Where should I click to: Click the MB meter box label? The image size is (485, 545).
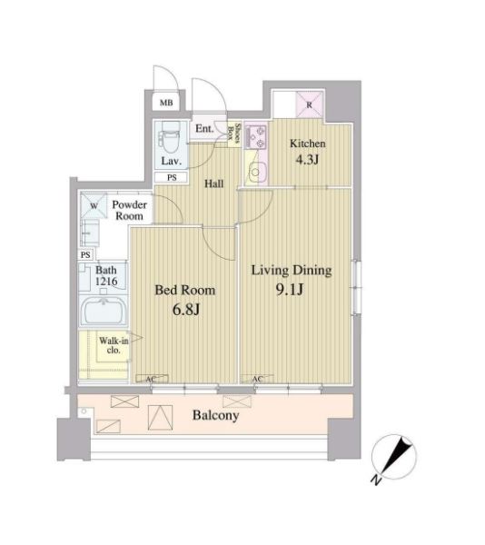pos(166,103)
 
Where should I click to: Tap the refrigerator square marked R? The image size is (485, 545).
pos(309,104)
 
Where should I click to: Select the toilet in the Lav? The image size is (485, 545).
pos(171,138)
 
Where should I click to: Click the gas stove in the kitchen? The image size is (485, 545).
pos(256,136)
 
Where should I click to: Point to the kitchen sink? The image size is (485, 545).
pos(256,172)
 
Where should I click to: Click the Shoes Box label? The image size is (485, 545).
pos(233,134)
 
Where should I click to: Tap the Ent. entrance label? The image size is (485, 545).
pos(204,129)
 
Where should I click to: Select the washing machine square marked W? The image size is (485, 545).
pos(94,206)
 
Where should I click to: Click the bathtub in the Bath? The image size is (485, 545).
pos(104,312)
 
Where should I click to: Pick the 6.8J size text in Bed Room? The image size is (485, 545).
pos(186,310)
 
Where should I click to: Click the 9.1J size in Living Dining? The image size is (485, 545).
pos(290,289)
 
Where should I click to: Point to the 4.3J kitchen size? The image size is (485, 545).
pos(307,160)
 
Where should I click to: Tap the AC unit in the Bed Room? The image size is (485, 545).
pos(152,379)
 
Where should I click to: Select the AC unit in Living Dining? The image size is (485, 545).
pos(257,379)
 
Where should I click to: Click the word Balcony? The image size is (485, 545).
pos(216,415)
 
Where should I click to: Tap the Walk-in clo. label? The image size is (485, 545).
pos(114,345)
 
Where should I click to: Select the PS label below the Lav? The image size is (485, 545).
pos(172,178)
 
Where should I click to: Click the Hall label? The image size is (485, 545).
pos(214,183)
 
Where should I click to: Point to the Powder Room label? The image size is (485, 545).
pos(129,211)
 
